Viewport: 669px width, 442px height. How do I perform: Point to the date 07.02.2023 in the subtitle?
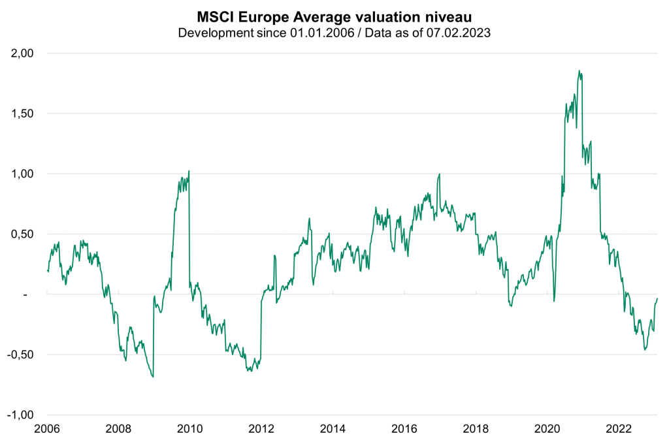tap(461, 32)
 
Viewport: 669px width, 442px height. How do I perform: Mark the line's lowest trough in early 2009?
tap(153, 377)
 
